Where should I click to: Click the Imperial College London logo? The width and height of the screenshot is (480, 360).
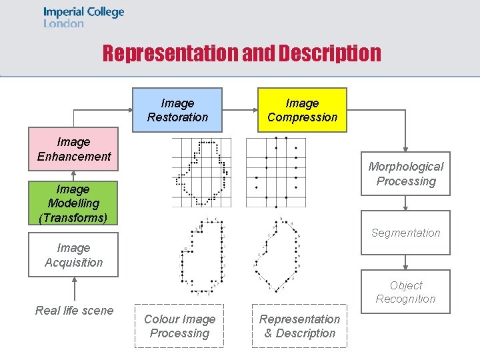point(84,17)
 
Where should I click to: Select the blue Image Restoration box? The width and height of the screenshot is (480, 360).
point(177,110)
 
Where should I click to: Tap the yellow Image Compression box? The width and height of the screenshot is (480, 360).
point(302,110)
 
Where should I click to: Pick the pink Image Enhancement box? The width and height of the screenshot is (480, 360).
point(74,149)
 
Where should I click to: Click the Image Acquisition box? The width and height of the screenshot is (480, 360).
point(73,255)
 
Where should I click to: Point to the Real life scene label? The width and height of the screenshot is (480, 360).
point(74,310)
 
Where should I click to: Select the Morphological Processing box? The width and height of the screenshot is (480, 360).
point(405,173)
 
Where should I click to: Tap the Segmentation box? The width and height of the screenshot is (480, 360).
point(405,233)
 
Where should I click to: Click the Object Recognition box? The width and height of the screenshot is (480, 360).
point(405,292)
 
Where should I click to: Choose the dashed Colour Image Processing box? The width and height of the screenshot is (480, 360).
point(179,326)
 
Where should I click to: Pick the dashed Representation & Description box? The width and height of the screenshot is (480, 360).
point(299,326)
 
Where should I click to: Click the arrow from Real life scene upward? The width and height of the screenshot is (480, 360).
point(74,289)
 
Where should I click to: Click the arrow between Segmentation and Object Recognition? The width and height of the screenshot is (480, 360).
point(405,263)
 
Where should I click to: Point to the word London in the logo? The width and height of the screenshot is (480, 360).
point(64,23)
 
